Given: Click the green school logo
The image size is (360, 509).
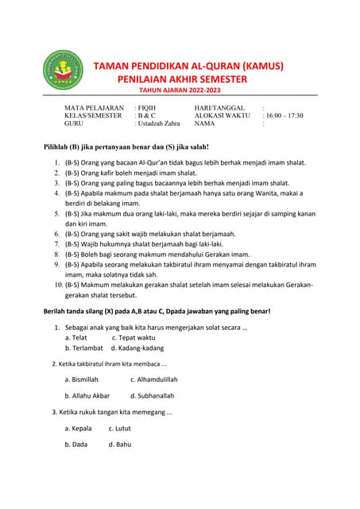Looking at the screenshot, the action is point(60,72).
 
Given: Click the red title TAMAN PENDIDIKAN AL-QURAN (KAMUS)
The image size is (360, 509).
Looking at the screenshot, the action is point(188,66).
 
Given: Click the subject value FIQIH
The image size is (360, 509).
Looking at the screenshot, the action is point(147,107).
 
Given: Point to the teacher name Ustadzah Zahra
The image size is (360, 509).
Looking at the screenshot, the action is point(158,124).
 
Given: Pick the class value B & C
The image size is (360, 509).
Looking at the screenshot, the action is point(146,115).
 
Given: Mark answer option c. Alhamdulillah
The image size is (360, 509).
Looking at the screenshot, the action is point(153,379).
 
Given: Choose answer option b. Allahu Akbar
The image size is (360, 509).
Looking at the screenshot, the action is point(87,395).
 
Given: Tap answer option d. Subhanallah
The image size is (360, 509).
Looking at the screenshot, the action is point(152,395).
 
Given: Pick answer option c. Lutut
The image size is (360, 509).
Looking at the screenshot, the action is point(121,428).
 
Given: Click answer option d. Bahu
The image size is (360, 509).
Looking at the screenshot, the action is point(120,445).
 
